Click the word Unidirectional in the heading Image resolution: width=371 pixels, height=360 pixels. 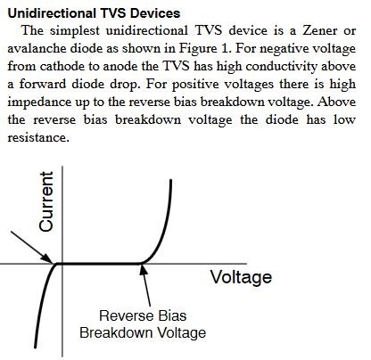click(x=52, y=13)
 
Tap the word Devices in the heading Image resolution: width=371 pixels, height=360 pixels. click(x=155, y=13)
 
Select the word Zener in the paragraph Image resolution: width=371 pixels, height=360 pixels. click(x=320, y=30)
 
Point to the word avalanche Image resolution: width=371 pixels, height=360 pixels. click(x=37, y=48)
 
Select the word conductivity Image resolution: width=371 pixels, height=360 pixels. click(x=282, y=66)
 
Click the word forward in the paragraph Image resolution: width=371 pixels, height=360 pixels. click(x=43, y=84)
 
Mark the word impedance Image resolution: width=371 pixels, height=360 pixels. click(x=39, y=102)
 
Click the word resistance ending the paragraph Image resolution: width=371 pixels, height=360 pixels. click(x=38, y=137)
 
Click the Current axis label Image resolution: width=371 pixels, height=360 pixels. click(x=46, y=201)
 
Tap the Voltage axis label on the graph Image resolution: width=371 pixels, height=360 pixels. click(x=241, y=277)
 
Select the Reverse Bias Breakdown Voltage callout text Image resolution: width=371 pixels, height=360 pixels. click(x=143, y=324)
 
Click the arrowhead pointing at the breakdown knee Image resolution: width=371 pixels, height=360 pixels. click(x=144, y=268)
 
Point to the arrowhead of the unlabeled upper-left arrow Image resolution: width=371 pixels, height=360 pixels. click(x=48, y=258)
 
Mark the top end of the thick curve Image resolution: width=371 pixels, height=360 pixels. click(x=171, y=180)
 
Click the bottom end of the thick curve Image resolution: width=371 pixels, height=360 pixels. click(x=36, y=347)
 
